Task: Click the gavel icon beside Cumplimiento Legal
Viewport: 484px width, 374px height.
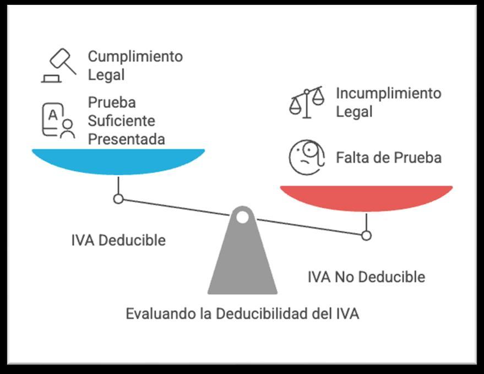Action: tap(59, 66)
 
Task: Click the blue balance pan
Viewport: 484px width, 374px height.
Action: tap(118, 161)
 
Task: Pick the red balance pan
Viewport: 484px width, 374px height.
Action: tap(366, 198)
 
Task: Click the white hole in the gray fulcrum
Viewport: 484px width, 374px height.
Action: tap(242, 217)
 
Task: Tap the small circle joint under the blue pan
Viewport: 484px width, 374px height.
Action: tap(118, 199)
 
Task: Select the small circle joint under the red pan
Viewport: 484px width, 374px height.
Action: tap(366, 236)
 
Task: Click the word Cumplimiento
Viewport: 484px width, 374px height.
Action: tap(135, 56)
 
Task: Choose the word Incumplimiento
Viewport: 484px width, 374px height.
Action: tap(389, 93)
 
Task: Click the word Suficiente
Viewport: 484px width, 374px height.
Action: tap(122, 121)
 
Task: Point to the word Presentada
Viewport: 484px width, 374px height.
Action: tap(126, 139)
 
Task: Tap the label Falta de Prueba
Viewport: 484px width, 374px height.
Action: tap(389, 158)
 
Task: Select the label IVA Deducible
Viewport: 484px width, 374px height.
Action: tap(118, 241)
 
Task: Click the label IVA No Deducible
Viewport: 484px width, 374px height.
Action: tap(366, 276)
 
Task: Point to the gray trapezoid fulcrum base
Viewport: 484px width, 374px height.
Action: tap(242, 264)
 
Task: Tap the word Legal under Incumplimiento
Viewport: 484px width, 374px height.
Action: tap(355, 112)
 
